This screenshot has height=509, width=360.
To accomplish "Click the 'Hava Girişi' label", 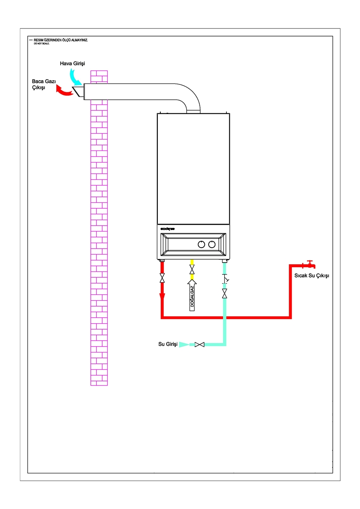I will click(x=73, y=63).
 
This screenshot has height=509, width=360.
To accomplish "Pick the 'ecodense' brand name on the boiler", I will click(x=168, y=228).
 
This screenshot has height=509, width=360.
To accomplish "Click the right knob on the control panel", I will click(x=211, y=245).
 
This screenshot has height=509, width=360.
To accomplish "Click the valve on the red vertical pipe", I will click(x=162, y=278).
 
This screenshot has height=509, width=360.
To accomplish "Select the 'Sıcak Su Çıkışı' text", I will click(x=312, y=276).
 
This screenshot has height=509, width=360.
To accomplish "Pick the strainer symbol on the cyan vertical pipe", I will click(x=225, y=280).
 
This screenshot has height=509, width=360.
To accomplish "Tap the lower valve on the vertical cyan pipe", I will click(x=225, y=293).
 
